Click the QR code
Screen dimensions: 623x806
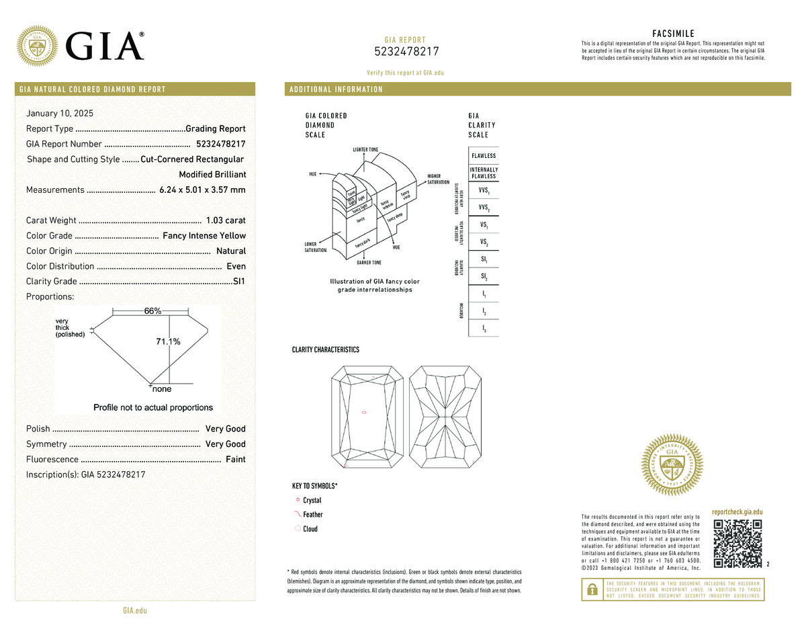[737, 543]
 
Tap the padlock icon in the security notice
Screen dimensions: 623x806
[592, 589]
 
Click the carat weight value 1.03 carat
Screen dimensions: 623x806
[226, 220]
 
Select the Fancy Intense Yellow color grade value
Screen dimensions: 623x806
[204, 236]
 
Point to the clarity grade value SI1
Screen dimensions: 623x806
[238, 282]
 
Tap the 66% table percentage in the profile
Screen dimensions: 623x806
[152, 311]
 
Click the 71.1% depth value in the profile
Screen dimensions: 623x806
[168, 342]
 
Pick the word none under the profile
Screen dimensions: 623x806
[162, 389]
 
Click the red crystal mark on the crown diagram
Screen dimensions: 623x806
[364, 412]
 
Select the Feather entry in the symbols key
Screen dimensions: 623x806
[313, 515]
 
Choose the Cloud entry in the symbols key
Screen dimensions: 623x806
[310, 529]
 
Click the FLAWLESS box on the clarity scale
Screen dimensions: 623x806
[484, 156]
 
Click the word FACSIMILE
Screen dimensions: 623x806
[673, 34]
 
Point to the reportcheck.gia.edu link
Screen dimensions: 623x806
[737, 512]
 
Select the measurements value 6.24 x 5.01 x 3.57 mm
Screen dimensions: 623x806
[202, 190]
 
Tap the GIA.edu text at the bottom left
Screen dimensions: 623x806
[135, 611]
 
